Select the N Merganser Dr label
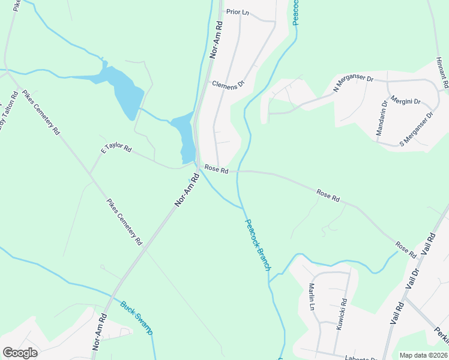[354, 85]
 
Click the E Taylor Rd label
[116, 147]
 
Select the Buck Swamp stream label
[137, 317]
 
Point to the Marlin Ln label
[312, 297]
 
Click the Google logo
[20, 353]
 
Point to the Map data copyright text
[423, 355]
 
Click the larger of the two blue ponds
[123, 90]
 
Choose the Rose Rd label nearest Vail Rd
[406, 250]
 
